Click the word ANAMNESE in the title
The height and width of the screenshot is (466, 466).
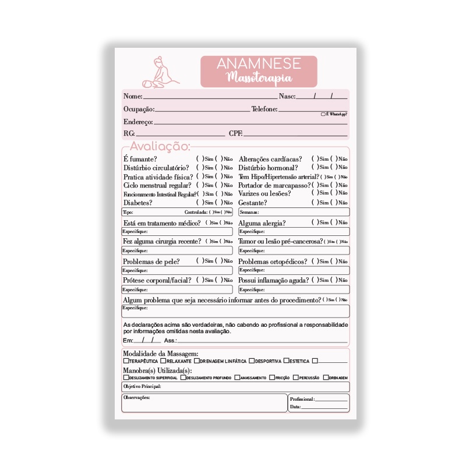(x=258, y=64)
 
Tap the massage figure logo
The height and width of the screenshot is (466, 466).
(x=161, y=73)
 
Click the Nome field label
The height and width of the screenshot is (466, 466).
(x=133, y=96)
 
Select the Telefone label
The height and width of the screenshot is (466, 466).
(x=264, y=109)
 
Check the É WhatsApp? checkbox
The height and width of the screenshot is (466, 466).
(x=323, y=115)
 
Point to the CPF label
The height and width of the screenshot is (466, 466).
(x=236, y=133)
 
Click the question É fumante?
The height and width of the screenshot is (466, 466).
(x=140, y=159)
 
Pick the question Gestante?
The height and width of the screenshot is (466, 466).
(x=253, y=203)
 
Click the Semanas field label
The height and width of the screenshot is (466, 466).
(x=249, y=213)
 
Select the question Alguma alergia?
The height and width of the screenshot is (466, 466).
(x=262, y=223)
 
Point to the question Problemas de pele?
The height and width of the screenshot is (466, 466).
(x=151, y=262)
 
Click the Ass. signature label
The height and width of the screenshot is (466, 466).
(x=170, y=340)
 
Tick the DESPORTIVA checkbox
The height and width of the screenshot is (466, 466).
(x=253, y=361)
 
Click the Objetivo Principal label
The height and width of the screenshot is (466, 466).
(x=142, y=386)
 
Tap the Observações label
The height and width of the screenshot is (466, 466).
(x=137, y=397)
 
